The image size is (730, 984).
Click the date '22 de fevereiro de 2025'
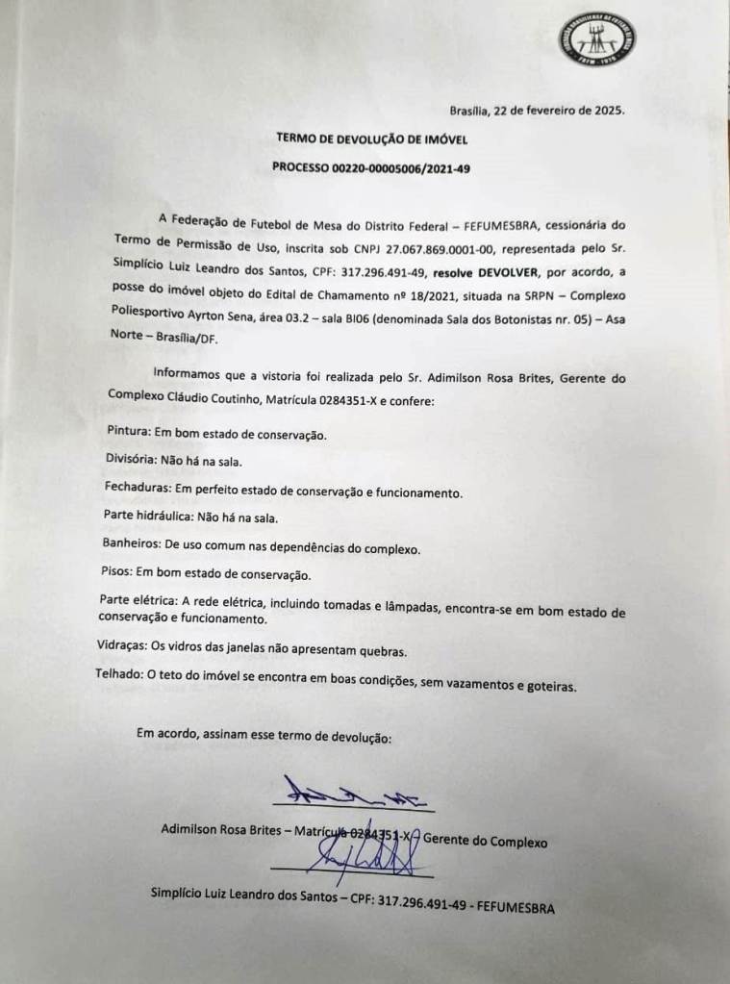tap(559, 110)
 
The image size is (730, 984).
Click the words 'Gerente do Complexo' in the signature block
tap(485, 841)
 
